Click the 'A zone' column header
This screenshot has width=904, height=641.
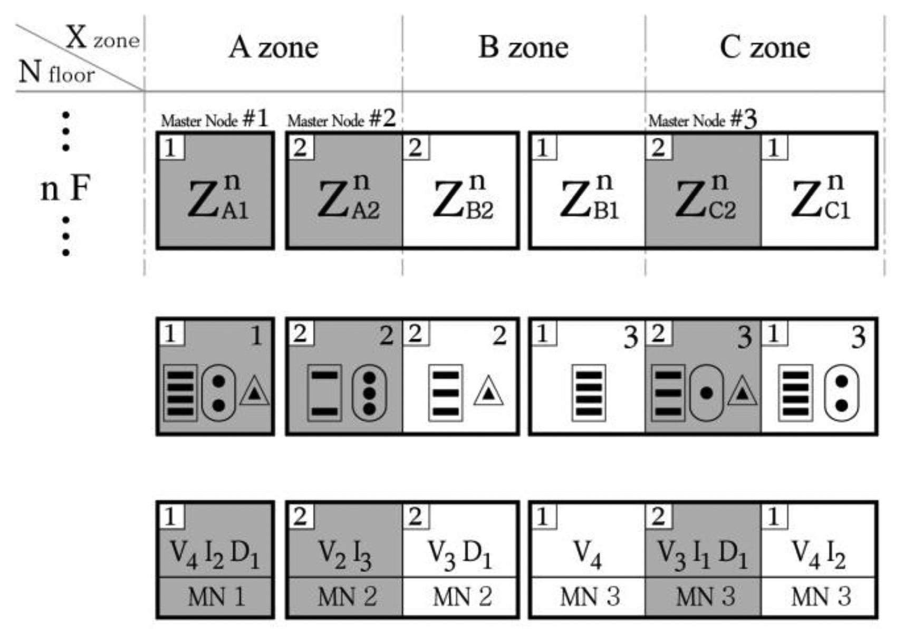[x=273, y=47]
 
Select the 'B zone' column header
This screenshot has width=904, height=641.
[x=523, y=47]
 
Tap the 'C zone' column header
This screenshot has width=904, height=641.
[x=765, y=47]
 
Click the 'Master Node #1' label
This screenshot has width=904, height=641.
[x=214, y=120]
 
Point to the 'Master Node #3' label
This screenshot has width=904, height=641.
[x=702, y=120]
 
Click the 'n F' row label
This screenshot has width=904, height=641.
[x=65, y=188]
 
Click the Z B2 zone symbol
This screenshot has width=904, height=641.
[x=463, y=198]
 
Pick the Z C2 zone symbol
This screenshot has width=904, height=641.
[x=705, y=198]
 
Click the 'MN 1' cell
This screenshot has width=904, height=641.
[x=216, y=597]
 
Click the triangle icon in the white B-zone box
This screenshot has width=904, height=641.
[x=488, y=391]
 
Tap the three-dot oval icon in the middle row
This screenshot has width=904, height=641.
[x=369, y=393]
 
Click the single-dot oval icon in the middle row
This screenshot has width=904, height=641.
[x=706, y=393]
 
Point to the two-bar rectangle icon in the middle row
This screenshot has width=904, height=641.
[x=324, y=393]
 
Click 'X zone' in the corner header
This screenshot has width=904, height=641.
[x=103, y=38]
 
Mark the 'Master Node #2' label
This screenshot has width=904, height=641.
[x=341, y=120]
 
